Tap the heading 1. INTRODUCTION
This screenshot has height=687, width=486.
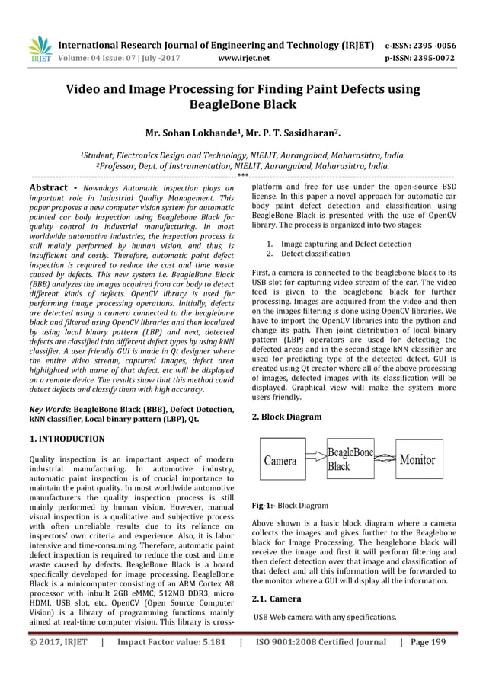(x=66, y=439)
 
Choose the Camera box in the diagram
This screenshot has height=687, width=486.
(x=280, y=460)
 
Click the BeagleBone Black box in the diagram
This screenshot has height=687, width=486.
(x=350, y=459)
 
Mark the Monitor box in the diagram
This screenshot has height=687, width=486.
(x=417, y=460)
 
